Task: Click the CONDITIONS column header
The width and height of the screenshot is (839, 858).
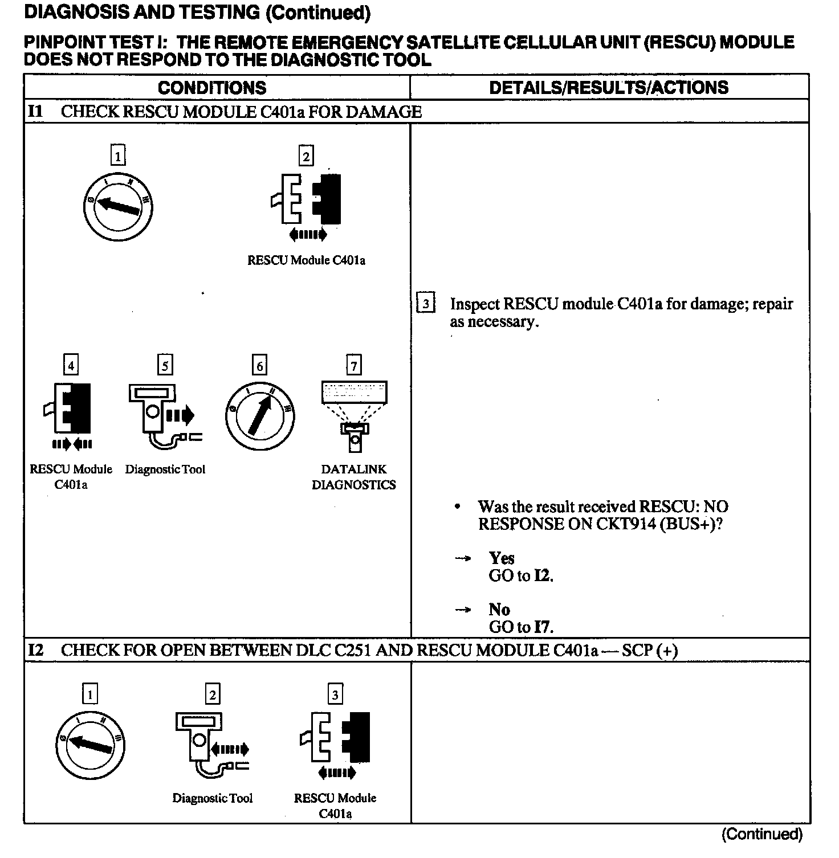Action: click(x=212, y=88)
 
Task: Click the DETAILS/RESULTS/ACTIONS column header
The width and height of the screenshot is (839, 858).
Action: click(x=609, y=87)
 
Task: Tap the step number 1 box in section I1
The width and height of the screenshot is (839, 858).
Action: click(x=118, y=156)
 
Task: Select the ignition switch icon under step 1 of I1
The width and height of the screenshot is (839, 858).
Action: click(x=118, y=206)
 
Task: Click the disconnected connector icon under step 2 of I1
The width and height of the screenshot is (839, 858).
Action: click(x=307, y=199)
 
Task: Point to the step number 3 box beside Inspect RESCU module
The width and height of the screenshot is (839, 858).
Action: click(x=426, y=304)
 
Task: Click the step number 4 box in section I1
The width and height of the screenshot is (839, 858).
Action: click(x=71, y=365)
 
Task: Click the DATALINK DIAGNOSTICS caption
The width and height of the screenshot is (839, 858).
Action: click(x=354, y=477)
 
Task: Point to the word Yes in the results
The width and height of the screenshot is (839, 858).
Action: click(x=502, y=558)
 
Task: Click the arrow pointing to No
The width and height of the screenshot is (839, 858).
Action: click(x=463, y=610)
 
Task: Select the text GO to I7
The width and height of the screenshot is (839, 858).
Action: click(x=521, y=627)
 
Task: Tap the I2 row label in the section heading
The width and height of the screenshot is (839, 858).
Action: click(x=35, y=650)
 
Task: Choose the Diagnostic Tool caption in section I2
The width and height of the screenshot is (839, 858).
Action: click(x=213, y=798)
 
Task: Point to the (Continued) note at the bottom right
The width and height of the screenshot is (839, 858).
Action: click(x=762, y=835)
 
